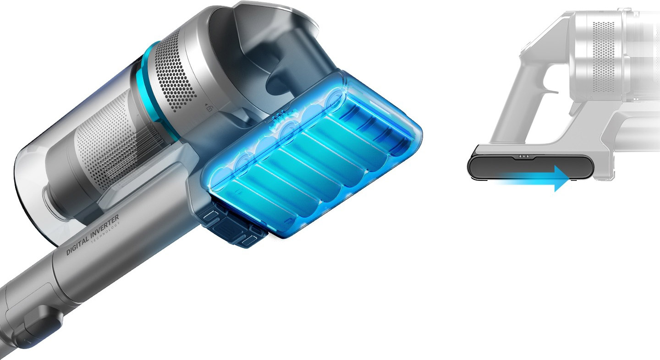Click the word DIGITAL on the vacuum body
point(77,245)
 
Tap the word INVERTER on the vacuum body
point(104,226)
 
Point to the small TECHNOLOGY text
point(106,233)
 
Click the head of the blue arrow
point(561,178)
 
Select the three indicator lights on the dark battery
point(523,156)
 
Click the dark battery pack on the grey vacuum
point(530,167)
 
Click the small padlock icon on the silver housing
point(210,109)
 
